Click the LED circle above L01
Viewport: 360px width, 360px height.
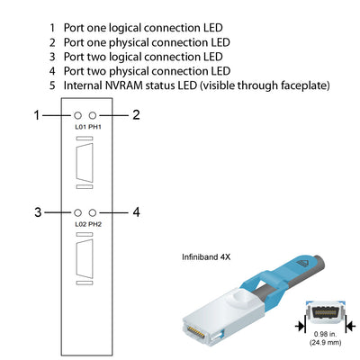(78, 116)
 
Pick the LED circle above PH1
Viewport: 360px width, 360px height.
(93, 116)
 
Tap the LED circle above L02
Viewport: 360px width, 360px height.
(78, 212)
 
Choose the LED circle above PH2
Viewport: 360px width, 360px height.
(93, 212)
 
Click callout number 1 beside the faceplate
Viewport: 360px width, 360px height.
(37, 115)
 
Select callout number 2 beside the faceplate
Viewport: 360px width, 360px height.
(135, 115)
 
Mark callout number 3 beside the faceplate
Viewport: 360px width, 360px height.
(37, 212)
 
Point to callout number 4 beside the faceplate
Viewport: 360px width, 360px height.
(135, 212)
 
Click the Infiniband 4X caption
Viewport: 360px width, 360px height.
(207, 256)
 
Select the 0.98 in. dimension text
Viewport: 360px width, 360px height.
(325, 335)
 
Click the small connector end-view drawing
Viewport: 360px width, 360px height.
(325, 314)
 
